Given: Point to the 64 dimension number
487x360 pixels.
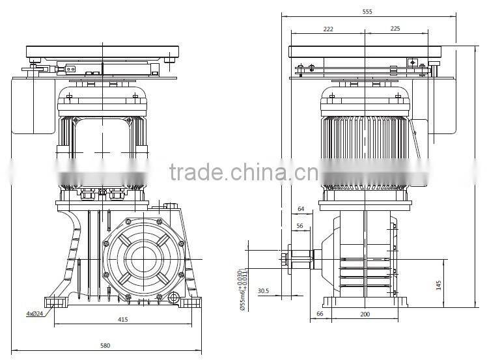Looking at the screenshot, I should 301,208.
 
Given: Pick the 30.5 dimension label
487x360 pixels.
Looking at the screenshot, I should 263,291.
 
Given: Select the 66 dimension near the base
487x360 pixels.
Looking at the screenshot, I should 320,314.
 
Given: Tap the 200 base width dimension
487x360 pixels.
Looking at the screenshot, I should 365,314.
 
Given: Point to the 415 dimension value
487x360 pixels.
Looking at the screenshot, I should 123,320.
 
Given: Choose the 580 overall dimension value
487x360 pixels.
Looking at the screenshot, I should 105,345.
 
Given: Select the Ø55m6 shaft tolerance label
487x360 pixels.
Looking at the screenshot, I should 242,287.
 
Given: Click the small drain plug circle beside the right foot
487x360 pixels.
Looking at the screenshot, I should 173,298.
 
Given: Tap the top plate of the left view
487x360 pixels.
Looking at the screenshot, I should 102,51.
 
